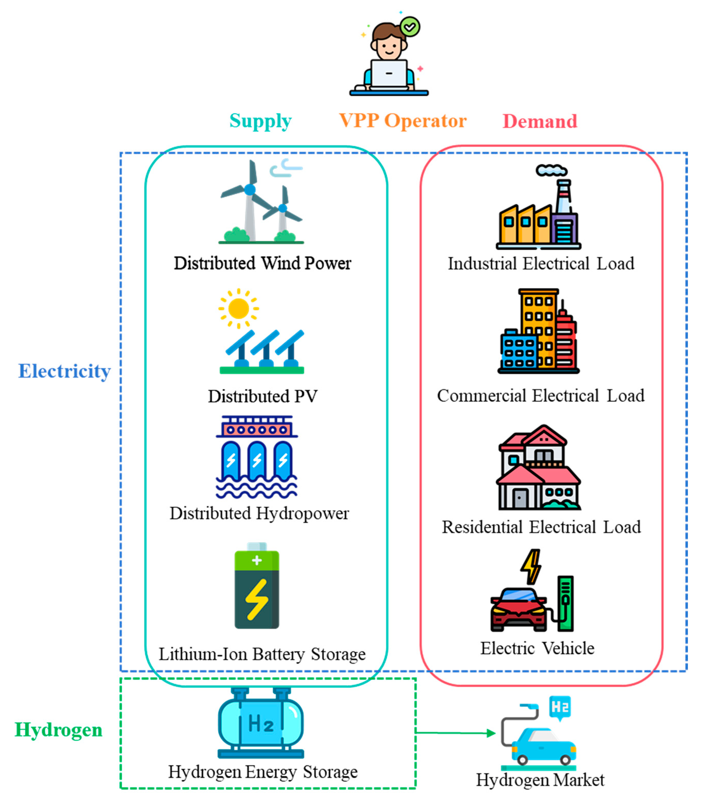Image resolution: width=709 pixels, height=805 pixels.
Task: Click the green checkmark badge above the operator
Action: (410, 27)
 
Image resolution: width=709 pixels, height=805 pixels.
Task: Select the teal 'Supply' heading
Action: (260, 121)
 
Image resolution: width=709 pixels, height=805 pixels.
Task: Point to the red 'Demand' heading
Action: (540, 121)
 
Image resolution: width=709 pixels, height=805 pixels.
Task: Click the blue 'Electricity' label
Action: (64, 371)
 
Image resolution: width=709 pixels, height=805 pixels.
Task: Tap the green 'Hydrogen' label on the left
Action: (58, 729)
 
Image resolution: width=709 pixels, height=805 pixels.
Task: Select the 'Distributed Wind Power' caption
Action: (262, 263)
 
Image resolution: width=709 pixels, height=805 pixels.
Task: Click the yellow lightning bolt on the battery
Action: (256, 600)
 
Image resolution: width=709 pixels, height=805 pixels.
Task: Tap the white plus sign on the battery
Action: (257, 560)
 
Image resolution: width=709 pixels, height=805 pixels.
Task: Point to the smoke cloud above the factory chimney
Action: (551, 170)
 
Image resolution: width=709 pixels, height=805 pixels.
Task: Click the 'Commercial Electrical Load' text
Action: (540, 395)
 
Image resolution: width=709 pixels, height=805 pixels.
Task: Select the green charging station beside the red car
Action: (565, 603)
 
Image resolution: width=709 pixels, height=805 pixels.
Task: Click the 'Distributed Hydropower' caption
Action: (259, 513)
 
